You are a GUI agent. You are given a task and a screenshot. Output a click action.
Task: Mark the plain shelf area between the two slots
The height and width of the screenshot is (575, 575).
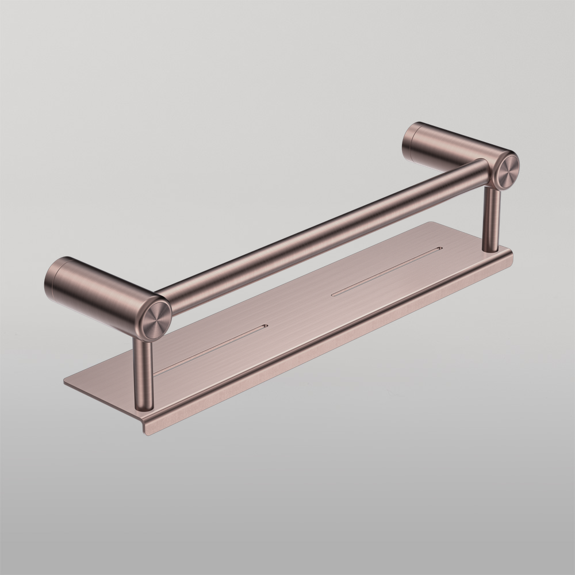[299, 310]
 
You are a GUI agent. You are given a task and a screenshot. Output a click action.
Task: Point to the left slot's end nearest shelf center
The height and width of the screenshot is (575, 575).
[264, 326]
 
